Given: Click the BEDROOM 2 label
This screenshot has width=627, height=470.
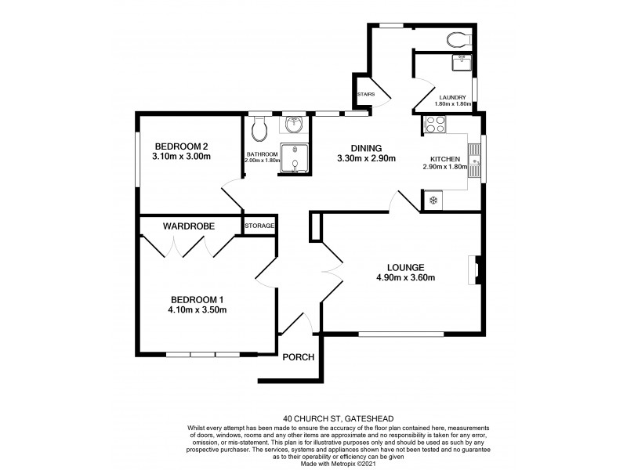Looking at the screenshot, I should [181, 146].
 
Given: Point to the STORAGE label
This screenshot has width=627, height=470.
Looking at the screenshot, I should [259, 226].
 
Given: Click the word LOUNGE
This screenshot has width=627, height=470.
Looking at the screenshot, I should [405, 266].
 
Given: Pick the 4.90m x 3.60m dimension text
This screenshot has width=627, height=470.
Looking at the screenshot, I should [405, 277].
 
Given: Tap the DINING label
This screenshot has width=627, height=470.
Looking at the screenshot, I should [366, 147].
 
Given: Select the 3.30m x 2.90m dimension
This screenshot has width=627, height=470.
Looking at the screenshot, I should [366, 158].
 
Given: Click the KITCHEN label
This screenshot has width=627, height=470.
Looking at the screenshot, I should [444, 158].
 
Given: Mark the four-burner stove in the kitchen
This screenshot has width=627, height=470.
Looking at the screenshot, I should [434, 123].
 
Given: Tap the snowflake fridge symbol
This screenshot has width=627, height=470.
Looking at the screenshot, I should [433, 201].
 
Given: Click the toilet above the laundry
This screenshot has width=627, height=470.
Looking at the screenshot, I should [455, 38].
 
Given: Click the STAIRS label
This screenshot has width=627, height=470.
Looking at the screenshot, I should [366, 95].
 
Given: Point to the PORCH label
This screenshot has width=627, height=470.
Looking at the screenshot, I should [298, 357].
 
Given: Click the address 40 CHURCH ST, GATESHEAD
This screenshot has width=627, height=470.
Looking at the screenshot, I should [313, 418].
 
